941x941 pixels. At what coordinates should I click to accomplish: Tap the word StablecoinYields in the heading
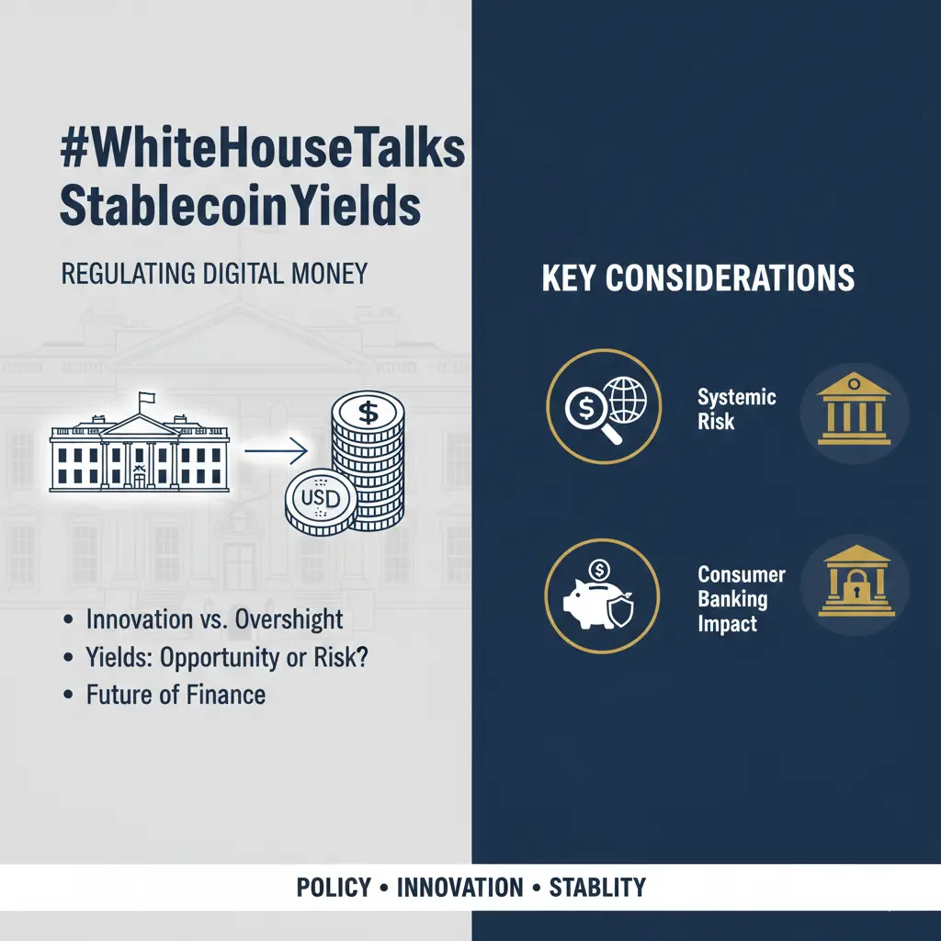(240, 205)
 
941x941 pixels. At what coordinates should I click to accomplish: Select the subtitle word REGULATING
(129, 274)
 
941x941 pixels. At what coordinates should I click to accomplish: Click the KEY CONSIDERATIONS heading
(698, 278)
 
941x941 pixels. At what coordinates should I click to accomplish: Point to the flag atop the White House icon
(146, 398)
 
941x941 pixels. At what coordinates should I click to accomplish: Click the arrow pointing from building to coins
(276, 450)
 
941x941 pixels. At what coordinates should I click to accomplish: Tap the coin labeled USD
(321, 501)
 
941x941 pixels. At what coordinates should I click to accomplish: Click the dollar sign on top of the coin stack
(368, 413)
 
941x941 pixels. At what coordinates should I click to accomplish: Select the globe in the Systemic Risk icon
(625, 399)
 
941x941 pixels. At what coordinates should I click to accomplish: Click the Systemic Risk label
(736, 409)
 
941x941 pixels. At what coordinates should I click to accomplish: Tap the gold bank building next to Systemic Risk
(854, 409)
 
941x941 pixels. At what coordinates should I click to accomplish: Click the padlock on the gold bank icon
(856, 588)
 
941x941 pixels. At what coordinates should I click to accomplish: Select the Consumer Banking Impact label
(742, 598)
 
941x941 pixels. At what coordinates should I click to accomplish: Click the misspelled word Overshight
(289, 619)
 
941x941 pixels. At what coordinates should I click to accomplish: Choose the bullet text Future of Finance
(176, 695)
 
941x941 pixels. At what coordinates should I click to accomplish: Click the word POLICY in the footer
(334, 887)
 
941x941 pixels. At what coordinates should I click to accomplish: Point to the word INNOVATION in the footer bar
(460, 887)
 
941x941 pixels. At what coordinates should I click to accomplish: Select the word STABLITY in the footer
(597, 887)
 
